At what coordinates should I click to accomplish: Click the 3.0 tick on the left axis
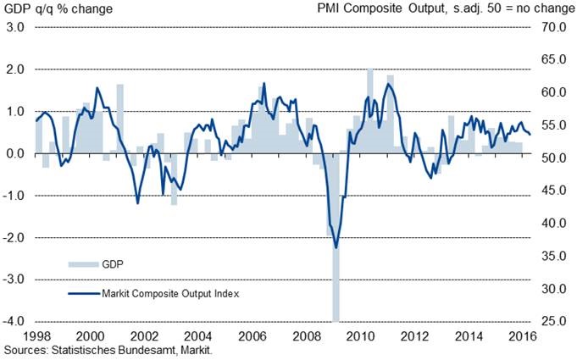tap(15, 27)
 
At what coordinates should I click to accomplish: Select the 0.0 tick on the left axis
tap(15, 153)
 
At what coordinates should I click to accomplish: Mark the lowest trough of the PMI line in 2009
tap(336, 247)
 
